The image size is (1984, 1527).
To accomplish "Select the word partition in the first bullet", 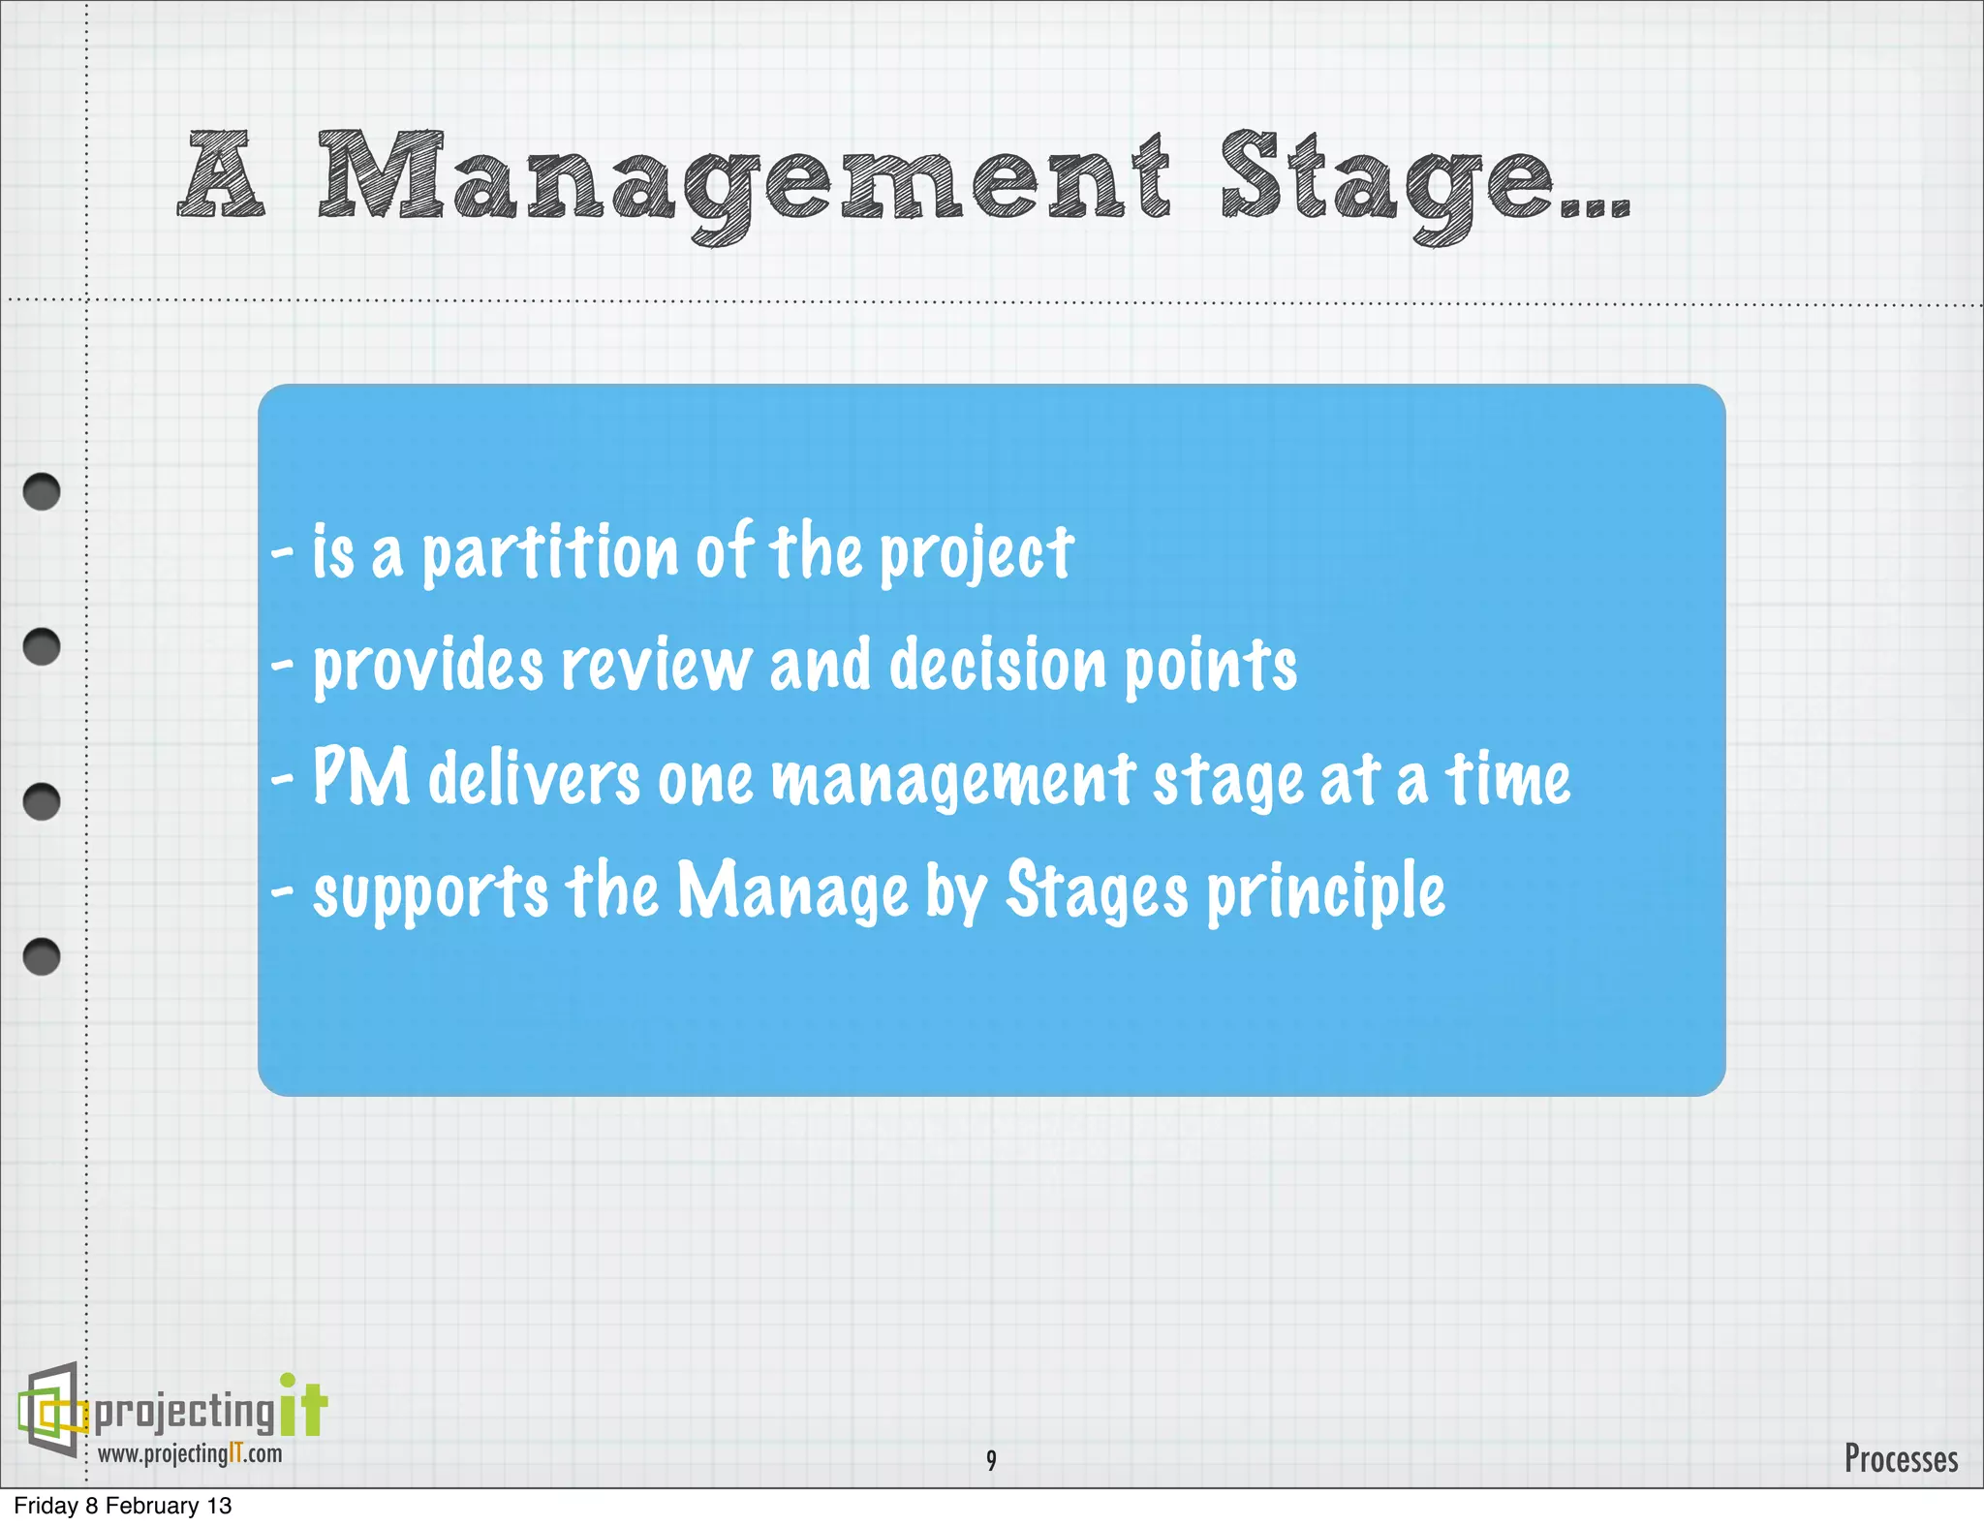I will coord(549,552).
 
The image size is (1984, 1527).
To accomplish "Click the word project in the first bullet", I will coord(976,554).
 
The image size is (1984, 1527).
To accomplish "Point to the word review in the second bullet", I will coord(656,667).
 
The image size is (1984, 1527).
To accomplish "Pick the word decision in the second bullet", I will coord(997,667).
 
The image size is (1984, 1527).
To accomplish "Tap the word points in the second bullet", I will coord(1209,667).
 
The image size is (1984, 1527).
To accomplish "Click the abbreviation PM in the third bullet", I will coord(360,778).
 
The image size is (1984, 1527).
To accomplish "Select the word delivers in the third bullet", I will coord(534,780).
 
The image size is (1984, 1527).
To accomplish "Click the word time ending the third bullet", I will coord(1507,780).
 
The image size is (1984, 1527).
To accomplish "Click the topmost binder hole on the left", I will coord(42,492).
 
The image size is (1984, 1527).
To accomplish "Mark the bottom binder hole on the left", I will coord(42,956).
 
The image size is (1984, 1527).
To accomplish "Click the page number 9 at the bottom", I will coord(990,1460).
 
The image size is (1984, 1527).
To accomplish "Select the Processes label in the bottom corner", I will coord(1900,1459).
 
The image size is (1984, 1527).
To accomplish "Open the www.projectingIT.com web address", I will coord(190,1454).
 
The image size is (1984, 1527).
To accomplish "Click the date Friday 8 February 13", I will coord(123,1506).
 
